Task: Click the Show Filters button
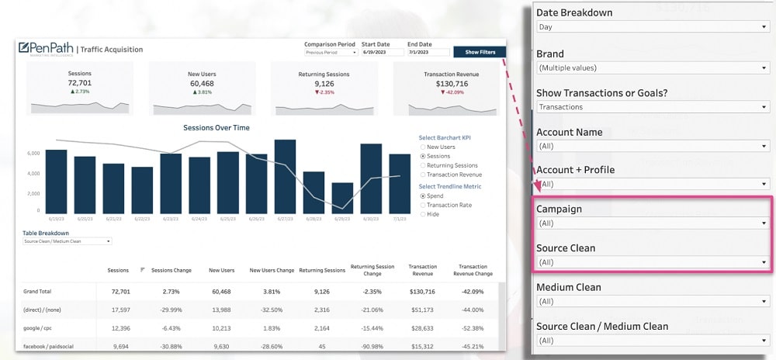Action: pyautogui.click(x=480, y=52)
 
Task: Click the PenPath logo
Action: pyautogui.click(x=47, y=48)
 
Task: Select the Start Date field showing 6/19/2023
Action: pyautogui.click(x=383, y=53)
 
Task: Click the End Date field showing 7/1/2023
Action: pyautogui.click(x=428, y=53)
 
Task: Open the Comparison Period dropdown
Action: pyautogui.click(x=331, y=53)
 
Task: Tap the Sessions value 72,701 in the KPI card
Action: pyautogui.click(x=79, y=83)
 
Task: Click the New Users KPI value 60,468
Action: pyautogui.click(x=202, y=83)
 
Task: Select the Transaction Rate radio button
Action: pyautogui.click(x=423, y=205)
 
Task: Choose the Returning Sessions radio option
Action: pyautogui.click(x=423, y=165)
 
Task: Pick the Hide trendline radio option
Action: pyautogui.click(x=423, y=214)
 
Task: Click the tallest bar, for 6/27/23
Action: pyautogui.click(x=285, y=176)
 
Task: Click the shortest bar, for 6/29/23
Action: pyautogui.click(x=342, y=198)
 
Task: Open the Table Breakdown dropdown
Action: pyautogui.click(x=67, y=241)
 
